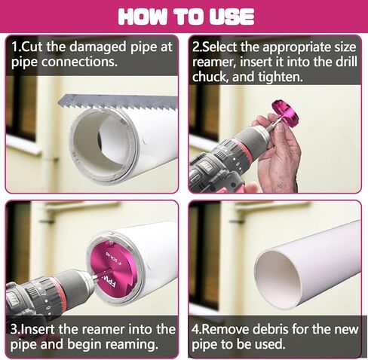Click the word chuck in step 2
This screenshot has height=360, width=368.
[x=208, y=76]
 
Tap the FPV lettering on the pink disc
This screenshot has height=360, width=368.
[x=109, y=281]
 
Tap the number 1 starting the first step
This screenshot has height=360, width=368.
[x=14, y=47]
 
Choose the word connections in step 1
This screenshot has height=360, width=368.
[x=79, y=62]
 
